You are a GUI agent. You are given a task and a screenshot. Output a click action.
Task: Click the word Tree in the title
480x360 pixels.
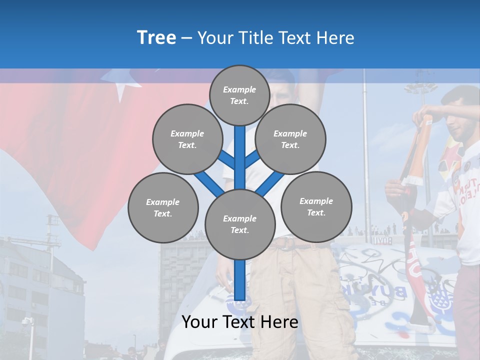click(x=156, y=37)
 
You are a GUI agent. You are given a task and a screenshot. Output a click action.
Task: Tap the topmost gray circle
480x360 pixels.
click(x=239, y=95)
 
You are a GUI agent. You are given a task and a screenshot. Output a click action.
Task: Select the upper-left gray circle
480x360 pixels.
click(x=187, y=139)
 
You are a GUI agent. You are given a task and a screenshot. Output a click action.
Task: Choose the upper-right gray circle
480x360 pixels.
click(x=290, y=139)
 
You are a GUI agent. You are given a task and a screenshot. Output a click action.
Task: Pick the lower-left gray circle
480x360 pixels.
click(x=162, y=207)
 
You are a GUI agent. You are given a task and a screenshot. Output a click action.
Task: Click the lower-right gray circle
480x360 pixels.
click(x=316, y=206)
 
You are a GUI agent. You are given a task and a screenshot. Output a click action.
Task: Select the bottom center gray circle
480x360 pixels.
click(x=239, y=224)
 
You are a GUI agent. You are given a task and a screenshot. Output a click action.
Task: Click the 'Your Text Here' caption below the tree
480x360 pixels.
click(x=239, y=322)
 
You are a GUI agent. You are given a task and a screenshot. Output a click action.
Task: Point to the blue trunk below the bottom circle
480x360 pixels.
click(x=239, y=280)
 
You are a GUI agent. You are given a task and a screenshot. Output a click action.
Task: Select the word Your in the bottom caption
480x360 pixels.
click(x=199, y=322)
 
